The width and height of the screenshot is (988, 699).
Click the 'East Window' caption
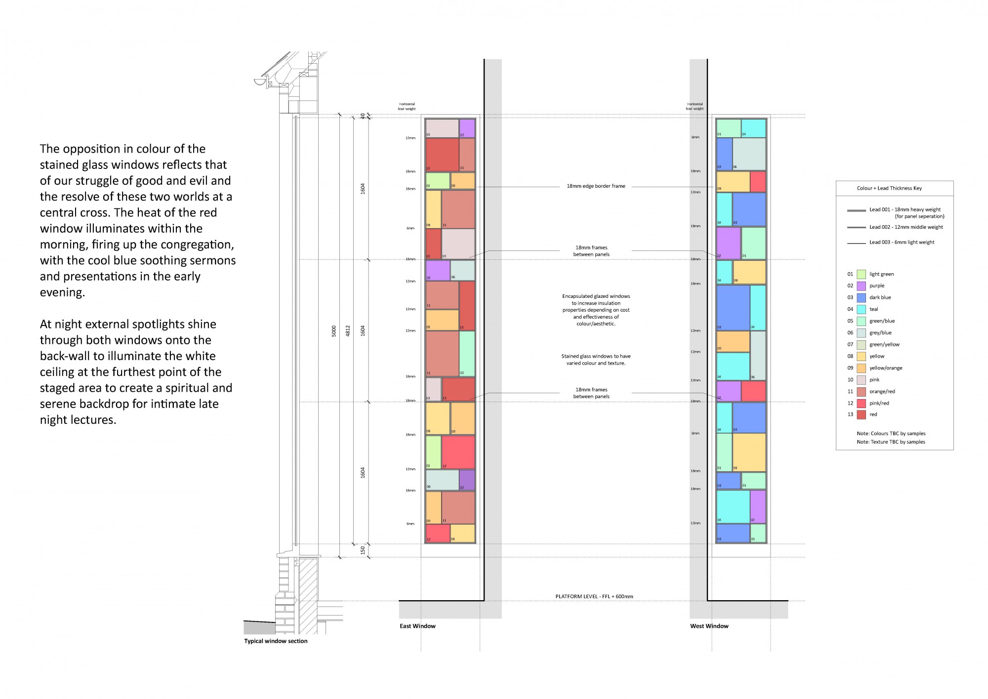pos(417,626)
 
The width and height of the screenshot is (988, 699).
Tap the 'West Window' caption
pos(709,626)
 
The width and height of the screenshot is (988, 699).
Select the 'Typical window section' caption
pos(276,641)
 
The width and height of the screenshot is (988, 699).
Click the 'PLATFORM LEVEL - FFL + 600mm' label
pos(594,596)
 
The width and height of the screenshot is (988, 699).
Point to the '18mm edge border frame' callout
pos(596,186)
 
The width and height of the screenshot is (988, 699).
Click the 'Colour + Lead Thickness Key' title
pos(889,188)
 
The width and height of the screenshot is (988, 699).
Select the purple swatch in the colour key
pos(861,286)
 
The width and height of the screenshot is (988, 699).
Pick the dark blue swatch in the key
pos(861,297)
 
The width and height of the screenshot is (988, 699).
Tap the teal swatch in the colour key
pos(861,309)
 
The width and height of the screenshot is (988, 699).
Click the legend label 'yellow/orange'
pos(886,368)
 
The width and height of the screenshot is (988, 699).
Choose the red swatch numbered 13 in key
pos(861,414)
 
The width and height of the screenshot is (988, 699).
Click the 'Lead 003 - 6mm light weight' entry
pos(902,242)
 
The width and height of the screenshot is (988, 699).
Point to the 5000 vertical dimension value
pos(334,331)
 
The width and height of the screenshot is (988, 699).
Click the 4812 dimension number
pos(348,331)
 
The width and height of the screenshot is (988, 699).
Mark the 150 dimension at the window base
pos(363,550)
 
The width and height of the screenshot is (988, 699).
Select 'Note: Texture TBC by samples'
pos(891,442)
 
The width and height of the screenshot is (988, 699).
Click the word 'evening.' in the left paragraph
pos(62,292)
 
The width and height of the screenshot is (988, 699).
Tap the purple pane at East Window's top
pos(467,128)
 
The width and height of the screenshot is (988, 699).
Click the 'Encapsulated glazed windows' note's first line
pos(596,296)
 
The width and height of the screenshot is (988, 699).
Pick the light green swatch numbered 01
pos(861,274)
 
